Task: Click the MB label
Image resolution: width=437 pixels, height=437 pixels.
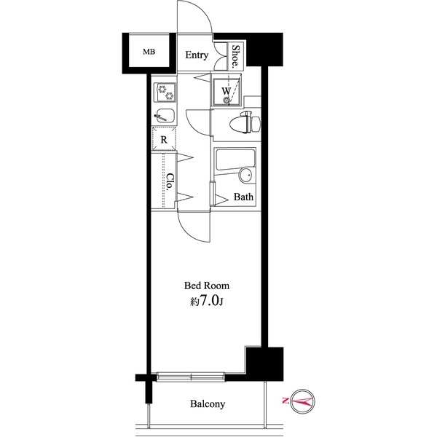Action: point(149,52)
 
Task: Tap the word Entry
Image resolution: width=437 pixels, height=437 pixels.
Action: point(196,55)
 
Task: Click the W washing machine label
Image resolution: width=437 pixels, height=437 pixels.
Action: point(227,91)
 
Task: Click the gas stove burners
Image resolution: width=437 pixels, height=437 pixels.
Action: point(165,92)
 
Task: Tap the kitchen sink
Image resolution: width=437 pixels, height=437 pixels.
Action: point(164,116)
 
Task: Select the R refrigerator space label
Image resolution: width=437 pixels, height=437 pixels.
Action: point(165,138)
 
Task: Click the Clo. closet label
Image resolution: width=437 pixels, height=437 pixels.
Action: point(168,181)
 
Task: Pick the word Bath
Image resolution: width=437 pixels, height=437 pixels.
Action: point(243,197)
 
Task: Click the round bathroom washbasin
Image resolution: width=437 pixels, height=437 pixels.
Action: point(245,175)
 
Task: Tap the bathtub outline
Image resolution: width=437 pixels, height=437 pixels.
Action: point(233,161)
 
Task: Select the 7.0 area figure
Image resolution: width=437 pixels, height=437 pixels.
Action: point(210,300)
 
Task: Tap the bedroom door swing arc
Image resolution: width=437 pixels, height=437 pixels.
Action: point(191,227)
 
